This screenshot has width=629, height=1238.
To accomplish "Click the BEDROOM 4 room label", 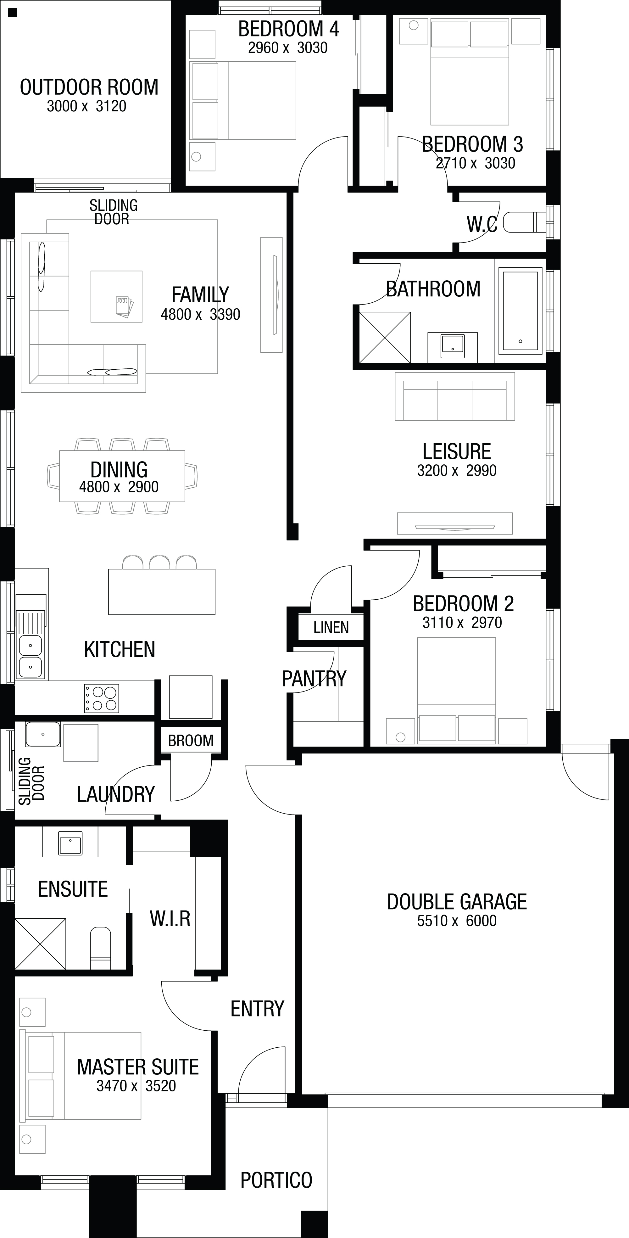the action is pyautogui.click(x=288, y=29).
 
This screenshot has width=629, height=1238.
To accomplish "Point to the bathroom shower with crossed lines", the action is pyautogui.click(x=385, y=337).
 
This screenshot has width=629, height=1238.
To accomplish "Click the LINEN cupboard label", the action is pyautogui.click(x=331, y=627).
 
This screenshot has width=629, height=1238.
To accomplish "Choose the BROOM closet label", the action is pyautogui.click(x=191, y=741).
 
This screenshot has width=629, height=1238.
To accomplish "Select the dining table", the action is pyautogui.click(x=122, y=476).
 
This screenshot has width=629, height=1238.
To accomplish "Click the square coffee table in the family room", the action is pyautogui.click(x=117, y=297).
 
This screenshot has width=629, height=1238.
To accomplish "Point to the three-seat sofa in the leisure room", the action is pyautogui.click(x=454, y=396).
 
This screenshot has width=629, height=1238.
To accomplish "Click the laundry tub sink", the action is pyautogui.click(x=43, y=734).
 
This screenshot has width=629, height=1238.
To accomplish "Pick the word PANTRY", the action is pyautogui.click(x=314, y=679).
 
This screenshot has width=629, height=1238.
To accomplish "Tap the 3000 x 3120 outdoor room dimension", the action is pyautogui.click(x=86, y=106).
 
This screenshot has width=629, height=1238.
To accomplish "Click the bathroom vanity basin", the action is pyautogui.click(x=453, y=346).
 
